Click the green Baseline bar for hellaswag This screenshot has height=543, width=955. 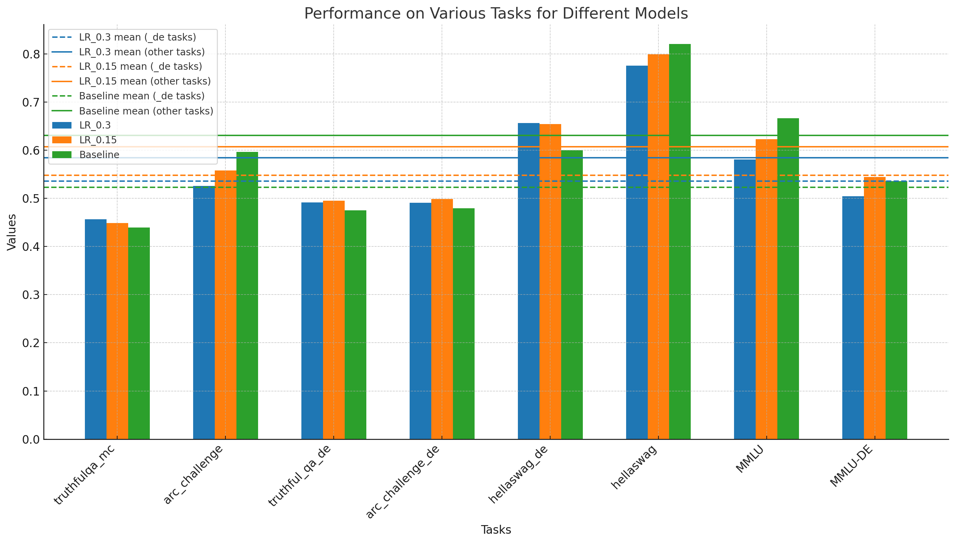pos(679,242)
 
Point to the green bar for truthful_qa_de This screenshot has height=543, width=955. pos(355,324)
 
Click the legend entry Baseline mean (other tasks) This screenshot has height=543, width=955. pos(146,111)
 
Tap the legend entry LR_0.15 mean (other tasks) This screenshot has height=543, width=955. pos(145,81)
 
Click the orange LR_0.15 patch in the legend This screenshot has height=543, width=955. pos(62,140)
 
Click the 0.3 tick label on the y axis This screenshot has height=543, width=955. pos(31,295)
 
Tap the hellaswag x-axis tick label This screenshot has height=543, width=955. pos(634,467)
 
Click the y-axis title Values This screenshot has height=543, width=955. pos(12,232)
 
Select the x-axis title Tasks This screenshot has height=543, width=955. pos(496,530)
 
